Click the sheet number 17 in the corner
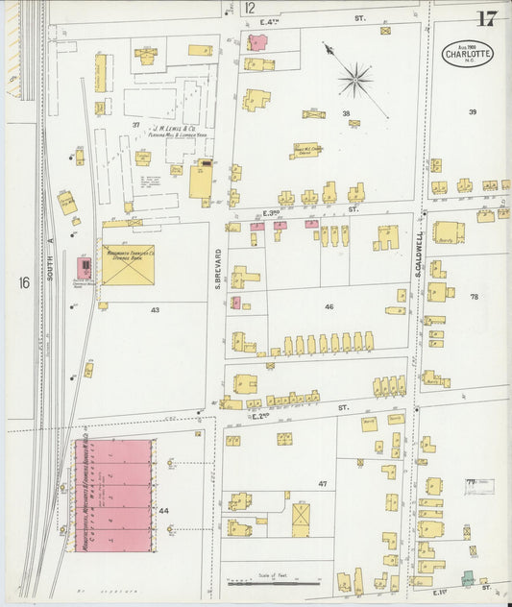485,17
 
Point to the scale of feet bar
260,581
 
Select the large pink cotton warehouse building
113,496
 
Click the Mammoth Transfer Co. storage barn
127,264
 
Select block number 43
154,310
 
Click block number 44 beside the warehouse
164,510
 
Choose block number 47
323,483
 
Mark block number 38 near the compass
346,113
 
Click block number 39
472,112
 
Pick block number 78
473,298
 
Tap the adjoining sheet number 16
22,282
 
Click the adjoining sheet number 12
250,8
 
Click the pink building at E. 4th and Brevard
257,42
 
